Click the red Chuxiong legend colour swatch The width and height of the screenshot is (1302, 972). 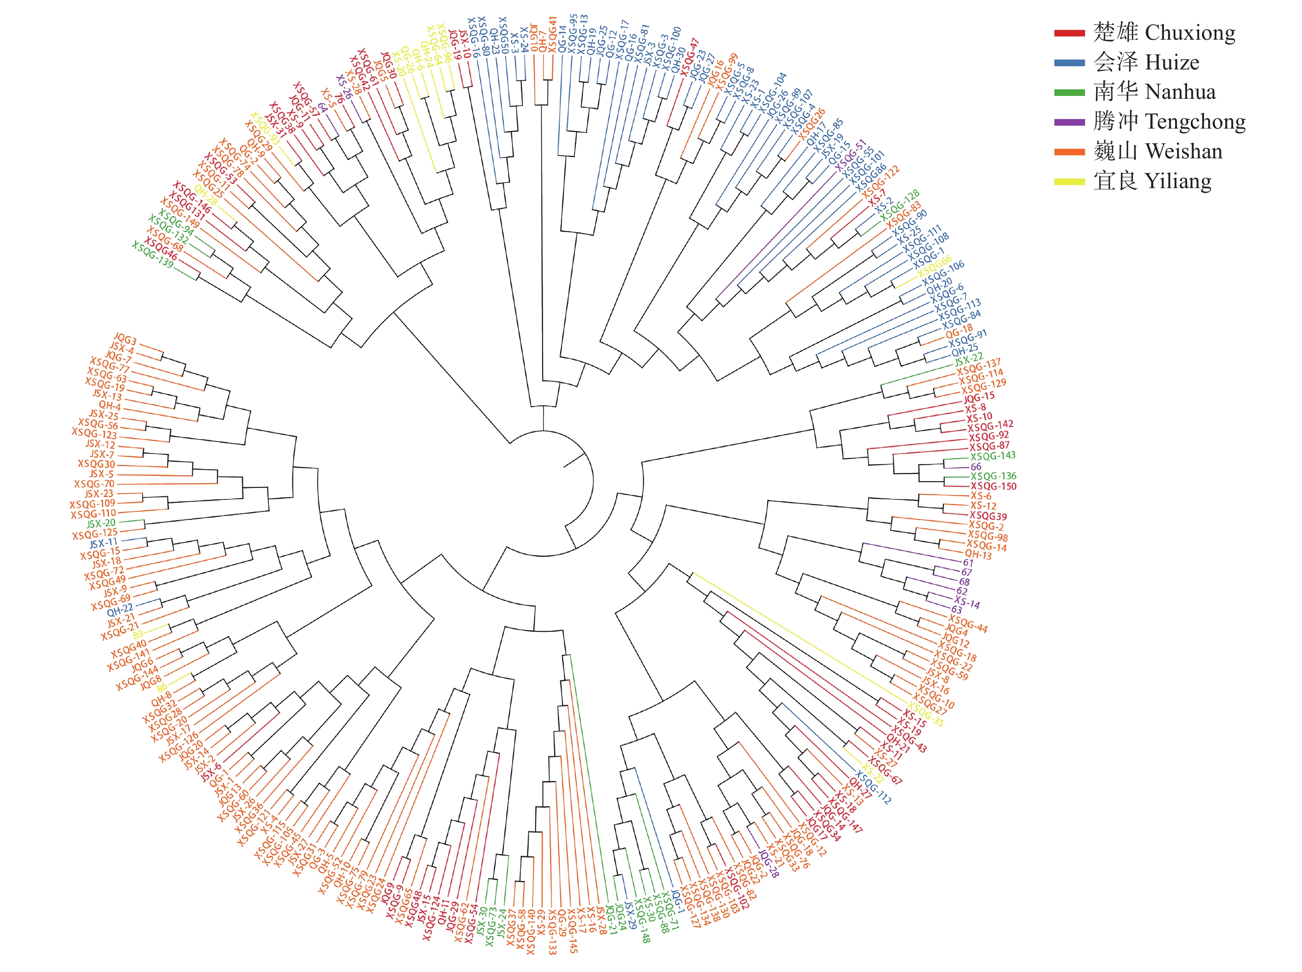click(1069, 33)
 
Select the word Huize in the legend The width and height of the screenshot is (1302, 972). click(1172, 62)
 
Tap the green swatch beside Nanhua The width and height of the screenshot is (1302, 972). click(1069, 92)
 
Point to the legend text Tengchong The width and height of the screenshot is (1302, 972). click(1195, 122)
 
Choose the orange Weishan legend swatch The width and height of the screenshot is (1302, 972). click(1069, 152)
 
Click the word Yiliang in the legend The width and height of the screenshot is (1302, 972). click(1178, 181)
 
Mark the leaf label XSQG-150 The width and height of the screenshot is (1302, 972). click(993, 486)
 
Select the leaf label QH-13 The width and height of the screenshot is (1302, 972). click(978, 554)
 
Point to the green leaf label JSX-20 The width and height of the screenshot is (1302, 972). click(101, 523)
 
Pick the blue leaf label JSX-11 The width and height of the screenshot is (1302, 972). click(103, 542)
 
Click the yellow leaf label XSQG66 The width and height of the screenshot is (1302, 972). click(935, 266)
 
